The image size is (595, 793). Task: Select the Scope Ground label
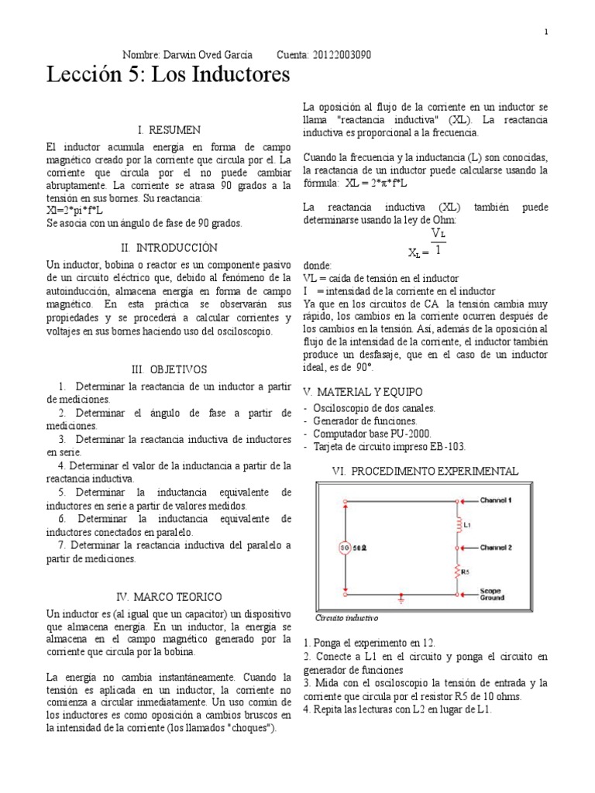[492, 594]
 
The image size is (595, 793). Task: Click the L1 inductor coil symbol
[456, 526]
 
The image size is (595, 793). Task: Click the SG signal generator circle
[344, 549]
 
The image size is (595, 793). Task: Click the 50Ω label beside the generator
[361, 549]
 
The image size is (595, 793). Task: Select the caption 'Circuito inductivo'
[346, 620]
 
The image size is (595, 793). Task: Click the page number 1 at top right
[545, 32]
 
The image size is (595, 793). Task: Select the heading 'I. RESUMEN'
[168, 129]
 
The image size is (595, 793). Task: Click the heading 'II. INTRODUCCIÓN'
[168, 248]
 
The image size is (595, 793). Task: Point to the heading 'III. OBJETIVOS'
[168, 369]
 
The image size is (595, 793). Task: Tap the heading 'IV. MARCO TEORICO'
[168, 597]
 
